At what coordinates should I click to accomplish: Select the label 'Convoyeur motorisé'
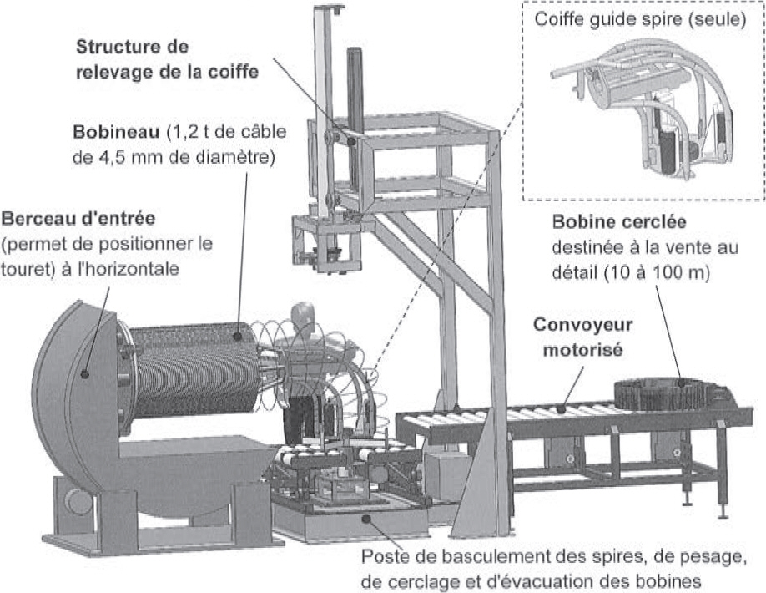click(583, 337)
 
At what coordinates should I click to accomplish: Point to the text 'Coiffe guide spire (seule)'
click(640, 19)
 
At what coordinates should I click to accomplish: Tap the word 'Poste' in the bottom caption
click(385, 555)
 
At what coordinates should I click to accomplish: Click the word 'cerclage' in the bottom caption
click(415, 579)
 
